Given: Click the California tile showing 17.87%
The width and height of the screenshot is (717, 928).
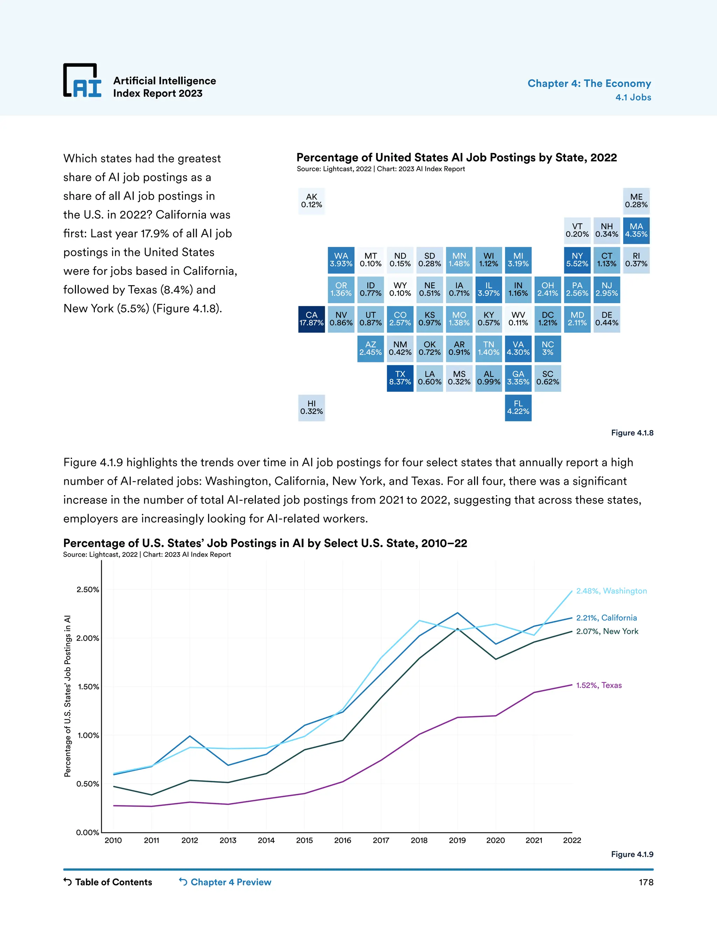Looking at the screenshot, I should point(311,319).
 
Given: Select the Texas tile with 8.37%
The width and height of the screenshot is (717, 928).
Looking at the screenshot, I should point(400,378).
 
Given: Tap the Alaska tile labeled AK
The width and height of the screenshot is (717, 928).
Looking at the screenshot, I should point(311,201).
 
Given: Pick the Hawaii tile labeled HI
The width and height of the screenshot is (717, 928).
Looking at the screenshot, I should point(311,408).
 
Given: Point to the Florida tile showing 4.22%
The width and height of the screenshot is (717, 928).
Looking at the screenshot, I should point(518,408).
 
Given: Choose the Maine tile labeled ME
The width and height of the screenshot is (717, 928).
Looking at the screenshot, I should point(636,201).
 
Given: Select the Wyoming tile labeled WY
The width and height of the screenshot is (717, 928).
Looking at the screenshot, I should point(400,289).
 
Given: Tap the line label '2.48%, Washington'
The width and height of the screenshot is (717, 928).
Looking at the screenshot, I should point(611,591).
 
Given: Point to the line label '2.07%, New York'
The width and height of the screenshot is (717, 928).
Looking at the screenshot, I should point(607,631).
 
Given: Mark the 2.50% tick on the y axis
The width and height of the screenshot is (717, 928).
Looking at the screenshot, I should point(88,589).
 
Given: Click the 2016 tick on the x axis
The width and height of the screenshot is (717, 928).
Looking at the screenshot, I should point(342,840).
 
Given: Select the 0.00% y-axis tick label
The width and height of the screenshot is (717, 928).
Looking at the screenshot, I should point(88,832).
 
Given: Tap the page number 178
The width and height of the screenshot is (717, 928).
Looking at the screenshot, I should point(646,882).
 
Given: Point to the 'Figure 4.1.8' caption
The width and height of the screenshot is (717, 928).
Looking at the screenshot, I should point(632,432).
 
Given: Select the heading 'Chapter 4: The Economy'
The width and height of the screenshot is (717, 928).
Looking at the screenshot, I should point(589,83).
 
